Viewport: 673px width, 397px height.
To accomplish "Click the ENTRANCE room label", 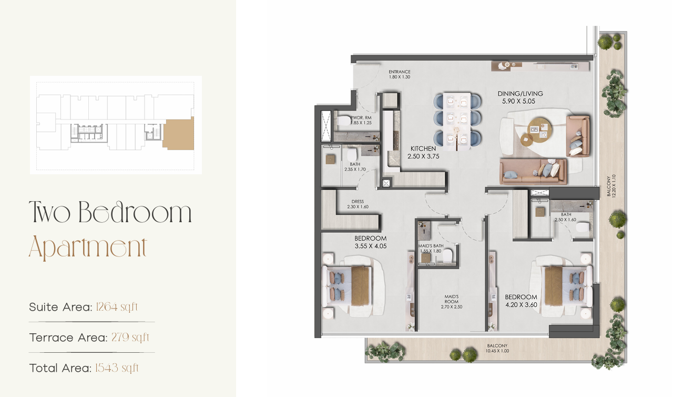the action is point(399,72).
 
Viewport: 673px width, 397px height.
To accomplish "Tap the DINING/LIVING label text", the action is point(520,94).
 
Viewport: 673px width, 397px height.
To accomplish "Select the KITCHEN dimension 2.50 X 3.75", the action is point(423,156).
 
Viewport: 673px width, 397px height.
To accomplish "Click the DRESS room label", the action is point(358,202).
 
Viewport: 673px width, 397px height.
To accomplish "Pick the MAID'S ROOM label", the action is point(452,299).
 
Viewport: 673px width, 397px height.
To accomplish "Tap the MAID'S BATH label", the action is point(431,246).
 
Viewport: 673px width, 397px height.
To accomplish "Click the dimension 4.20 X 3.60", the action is point(521,305).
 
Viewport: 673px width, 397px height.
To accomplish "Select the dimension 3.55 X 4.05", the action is point(371,246).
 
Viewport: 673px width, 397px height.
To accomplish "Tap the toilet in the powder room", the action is point(344,121).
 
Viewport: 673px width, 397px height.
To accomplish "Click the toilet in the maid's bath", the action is point(448,255).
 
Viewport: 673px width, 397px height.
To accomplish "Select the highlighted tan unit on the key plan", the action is point(178,134).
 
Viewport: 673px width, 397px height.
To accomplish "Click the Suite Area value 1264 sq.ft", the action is point(117,307).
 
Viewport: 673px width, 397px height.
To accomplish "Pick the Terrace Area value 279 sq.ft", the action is point(130,338).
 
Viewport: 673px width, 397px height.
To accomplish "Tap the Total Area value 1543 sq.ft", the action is point(117,368).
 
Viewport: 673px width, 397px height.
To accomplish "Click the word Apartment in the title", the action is point(88,247).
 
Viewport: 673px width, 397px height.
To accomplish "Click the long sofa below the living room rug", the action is point(533,172).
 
